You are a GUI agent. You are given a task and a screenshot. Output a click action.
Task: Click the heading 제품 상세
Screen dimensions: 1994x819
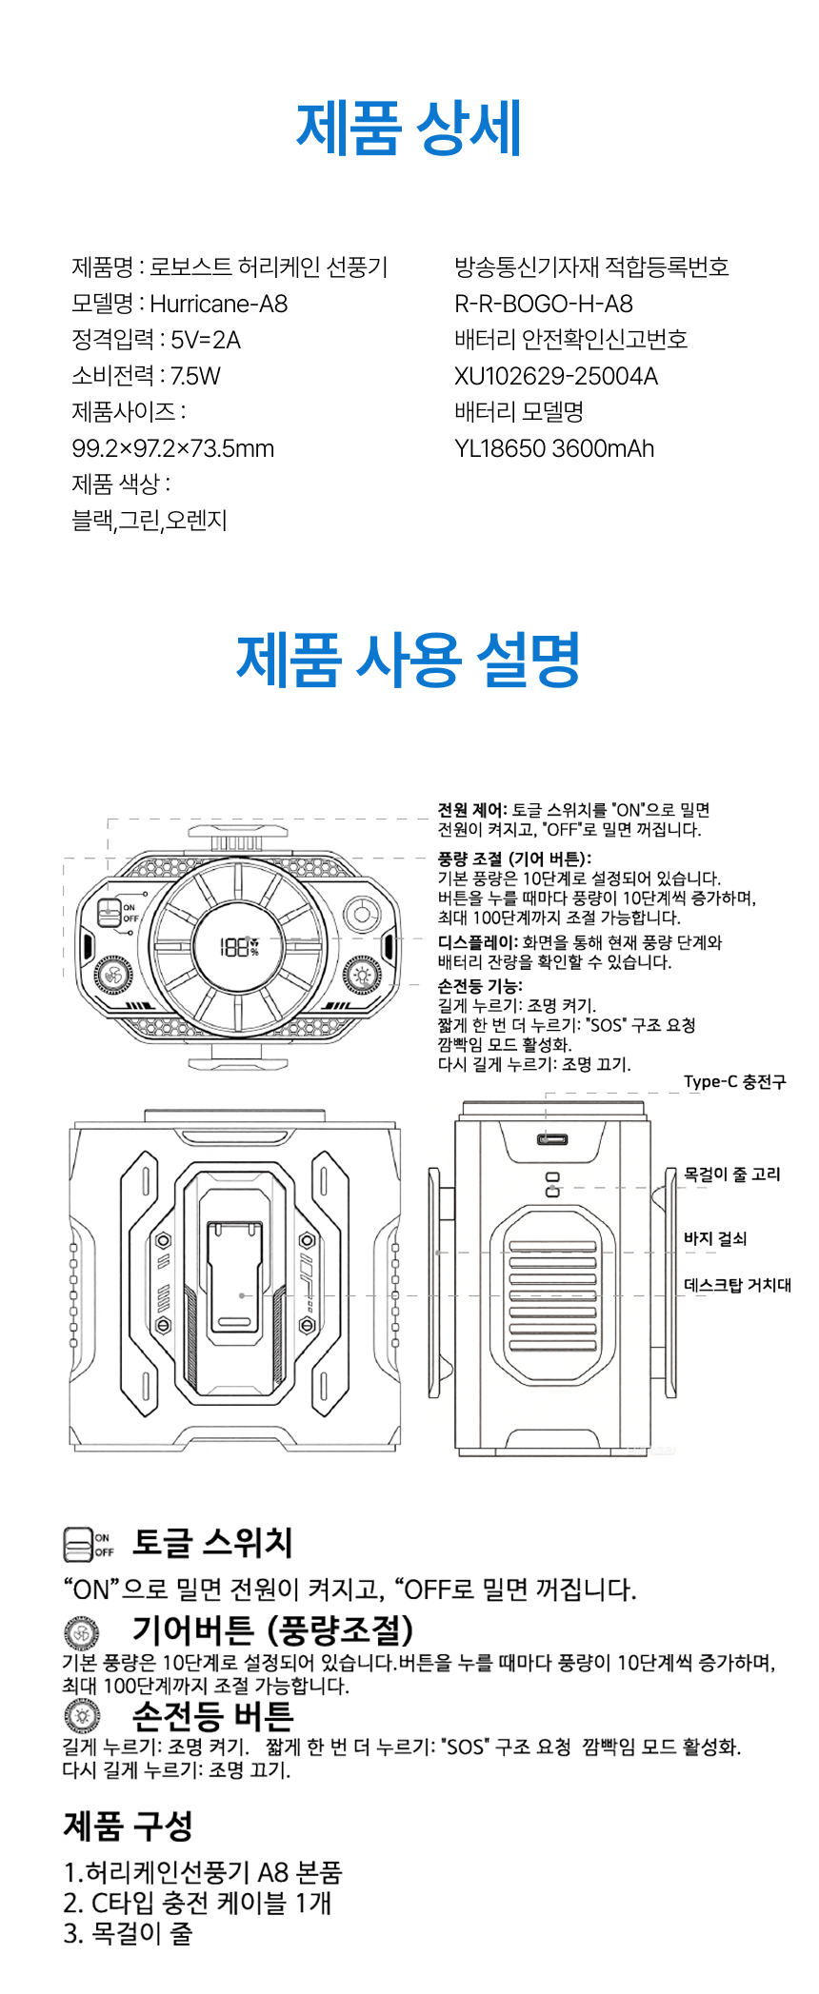tap(409, 128)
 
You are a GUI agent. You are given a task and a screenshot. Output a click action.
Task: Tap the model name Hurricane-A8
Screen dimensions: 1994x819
tap(218, 304)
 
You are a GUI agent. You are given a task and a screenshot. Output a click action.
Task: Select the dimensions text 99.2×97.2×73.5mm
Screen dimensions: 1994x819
tap(172, 448)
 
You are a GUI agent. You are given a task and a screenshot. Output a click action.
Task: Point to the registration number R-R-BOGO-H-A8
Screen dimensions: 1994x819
tap(543, 304)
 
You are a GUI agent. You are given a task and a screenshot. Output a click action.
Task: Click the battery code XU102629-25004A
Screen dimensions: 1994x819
tap(555, 376)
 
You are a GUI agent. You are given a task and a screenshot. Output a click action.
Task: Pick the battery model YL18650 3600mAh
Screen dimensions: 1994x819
tap(553, 448)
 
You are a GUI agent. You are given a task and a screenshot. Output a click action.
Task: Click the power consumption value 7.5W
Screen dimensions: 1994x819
tap(195, 376)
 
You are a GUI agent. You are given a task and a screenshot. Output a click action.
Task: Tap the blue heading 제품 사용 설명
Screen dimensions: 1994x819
tap(409, 660)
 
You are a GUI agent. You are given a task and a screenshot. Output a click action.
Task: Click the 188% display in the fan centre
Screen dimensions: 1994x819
tap(239, 946)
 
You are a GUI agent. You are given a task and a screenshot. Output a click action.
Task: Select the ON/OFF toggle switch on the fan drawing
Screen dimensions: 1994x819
tap(110, 913)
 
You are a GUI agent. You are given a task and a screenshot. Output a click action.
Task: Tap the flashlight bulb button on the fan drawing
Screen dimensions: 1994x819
tap(362, 975)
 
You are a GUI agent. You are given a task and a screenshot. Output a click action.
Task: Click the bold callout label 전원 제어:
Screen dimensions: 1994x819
tap(472, 810)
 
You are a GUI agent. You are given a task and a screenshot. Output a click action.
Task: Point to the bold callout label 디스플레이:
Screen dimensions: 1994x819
tap(478, 942)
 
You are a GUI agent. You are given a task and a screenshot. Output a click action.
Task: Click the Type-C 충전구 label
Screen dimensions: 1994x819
tap(734, 1081)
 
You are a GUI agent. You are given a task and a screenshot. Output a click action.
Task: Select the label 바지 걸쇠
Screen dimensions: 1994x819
tap(714, 1238)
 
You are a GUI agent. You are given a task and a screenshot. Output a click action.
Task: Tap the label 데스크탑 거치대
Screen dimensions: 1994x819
tap(737, 1285)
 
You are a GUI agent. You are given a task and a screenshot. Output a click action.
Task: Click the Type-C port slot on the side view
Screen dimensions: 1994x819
tap(552, 1139)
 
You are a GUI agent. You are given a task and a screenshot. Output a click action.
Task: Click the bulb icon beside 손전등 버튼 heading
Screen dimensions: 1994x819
tap(82, 1716)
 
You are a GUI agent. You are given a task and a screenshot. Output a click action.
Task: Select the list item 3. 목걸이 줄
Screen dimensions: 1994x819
tap(128, 1933)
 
